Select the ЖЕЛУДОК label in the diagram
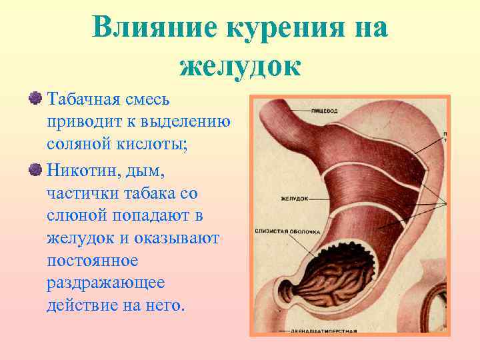pyautogui.click(x=294, y=199)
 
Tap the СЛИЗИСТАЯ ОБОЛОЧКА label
pyautogui.click(x=287, y=231)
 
